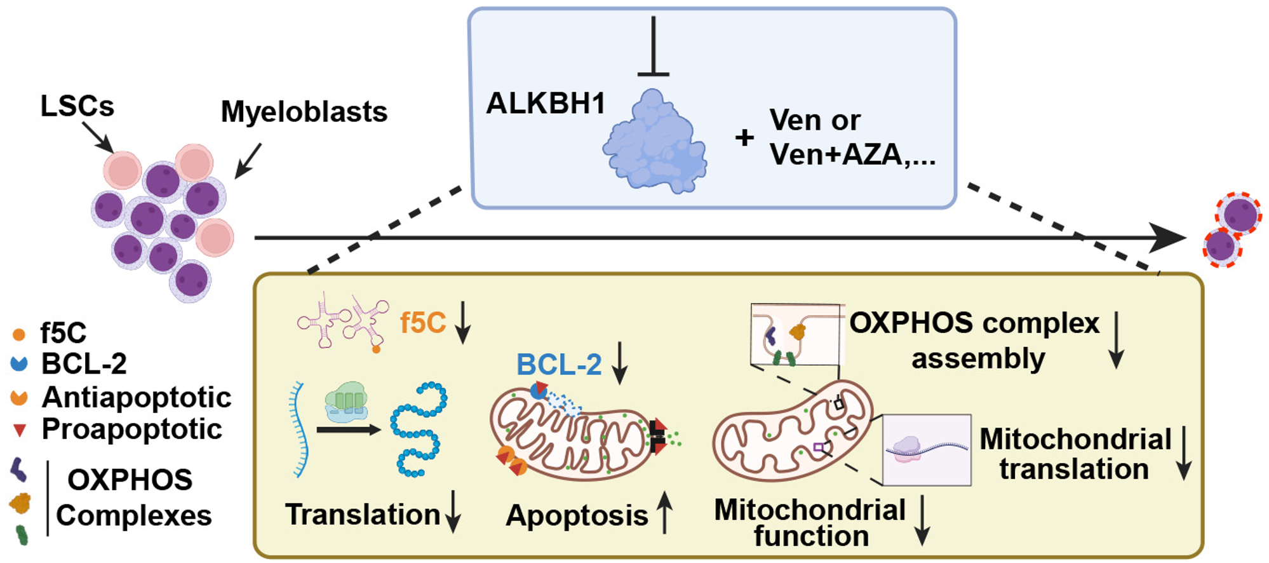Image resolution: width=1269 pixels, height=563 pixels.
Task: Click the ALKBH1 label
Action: tap(546, 103)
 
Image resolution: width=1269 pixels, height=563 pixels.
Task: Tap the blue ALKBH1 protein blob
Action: tap(655, 141)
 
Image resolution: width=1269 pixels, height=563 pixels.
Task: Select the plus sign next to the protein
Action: tap(744, 137)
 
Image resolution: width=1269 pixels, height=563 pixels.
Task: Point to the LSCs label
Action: tap(77, 105)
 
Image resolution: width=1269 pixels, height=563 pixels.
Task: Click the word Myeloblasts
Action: tap(304, 112)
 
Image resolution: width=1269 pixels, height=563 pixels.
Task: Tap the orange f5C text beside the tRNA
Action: tap(422, 323)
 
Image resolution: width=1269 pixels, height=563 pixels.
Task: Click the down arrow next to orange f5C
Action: tap(463, 322)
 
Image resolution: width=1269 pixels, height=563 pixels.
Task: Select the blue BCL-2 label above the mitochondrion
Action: tap(559, 365)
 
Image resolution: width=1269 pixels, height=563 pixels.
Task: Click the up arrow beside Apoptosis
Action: tap(664, 512)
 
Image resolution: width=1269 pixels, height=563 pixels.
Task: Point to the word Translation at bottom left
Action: tap(363, 514)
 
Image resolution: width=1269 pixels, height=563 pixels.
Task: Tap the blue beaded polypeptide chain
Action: tap(419, 429)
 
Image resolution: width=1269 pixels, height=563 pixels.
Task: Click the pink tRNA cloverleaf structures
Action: tap(343, 321)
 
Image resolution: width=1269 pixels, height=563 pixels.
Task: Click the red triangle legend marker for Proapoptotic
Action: tap(20, 431)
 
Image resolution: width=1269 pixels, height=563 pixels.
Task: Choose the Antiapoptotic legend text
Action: tap(137, 397)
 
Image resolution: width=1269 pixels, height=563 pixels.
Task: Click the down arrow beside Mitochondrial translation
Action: tap(1183, 453)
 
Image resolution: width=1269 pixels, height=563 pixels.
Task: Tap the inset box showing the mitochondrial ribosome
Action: tap(927, 450)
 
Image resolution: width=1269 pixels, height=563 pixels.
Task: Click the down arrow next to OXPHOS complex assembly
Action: tap(1116, 340)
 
